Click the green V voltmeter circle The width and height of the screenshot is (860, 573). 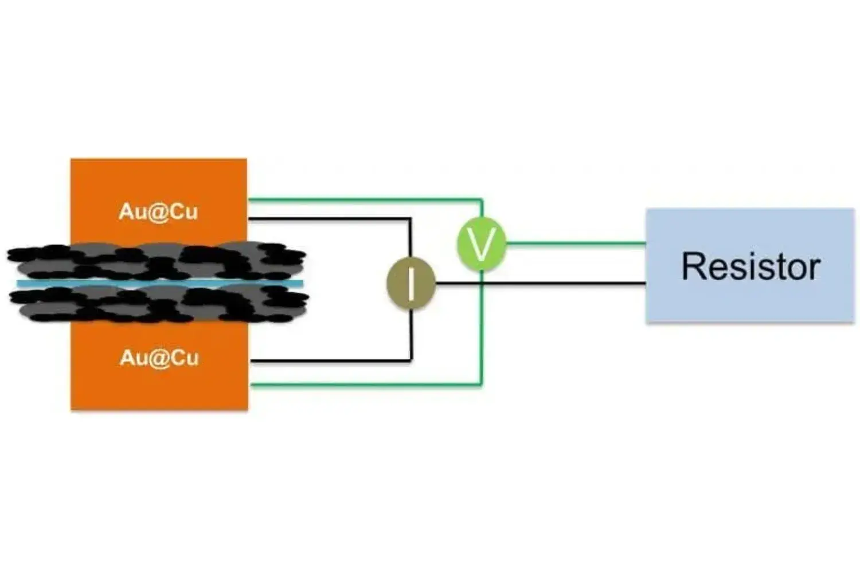(481, 244)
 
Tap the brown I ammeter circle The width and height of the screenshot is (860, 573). (411, 283)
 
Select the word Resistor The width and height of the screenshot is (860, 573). (750, 266)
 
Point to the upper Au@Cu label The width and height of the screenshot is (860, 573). (158, 211)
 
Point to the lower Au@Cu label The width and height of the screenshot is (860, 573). (159, 358)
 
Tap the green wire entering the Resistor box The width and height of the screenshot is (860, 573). (573, 244)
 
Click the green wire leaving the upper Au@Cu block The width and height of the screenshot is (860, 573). (361, 200)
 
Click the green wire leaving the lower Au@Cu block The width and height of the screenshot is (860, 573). (361, 384)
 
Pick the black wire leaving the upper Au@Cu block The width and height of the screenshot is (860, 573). (327, 218)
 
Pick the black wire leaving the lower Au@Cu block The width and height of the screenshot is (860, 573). (327, 360)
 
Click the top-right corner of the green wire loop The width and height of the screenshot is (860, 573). (482, 201)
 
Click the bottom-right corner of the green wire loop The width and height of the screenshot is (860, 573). (482, 384)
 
